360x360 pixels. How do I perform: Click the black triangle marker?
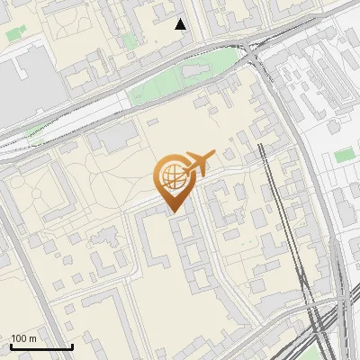(x=181, y=24)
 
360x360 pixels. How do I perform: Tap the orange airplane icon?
(x=199, y=163)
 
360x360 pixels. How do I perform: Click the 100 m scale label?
(x=24, y=338)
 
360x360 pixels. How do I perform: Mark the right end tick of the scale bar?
(x=72, y=346)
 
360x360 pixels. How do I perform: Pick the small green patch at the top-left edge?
(x=14, y=34)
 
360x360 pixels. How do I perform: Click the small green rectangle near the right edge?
(x=344, y=155)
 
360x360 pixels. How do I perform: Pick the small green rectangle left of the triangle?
(x=130, y=40)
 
